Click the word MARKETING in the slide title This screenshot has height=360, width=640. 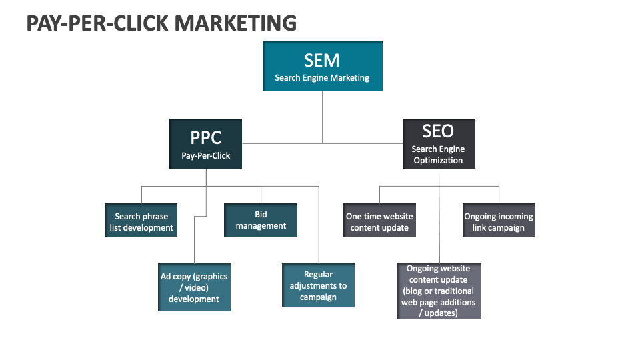click(236, 23)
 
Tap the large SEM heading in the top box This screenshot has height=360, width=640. click(322, 60)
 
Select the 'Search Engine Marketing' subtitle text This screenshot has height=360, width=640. click(322, 78)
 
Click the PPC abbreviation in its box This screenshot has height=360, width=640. click(205, 137)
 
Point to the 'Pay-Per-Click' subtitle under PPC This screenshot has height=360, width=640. click(205, 155)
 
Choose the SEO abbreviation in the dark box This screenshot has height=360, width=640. click(438, 131)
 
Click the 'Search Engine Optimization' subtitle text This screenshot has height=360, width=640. click(438, 155)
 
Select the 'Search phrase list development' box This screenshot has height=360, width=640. click(141, 221)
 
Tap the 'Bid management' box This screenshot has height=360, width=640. click(260, 220)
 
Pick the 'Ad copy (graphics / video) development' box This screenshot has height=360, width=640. click(194, 287)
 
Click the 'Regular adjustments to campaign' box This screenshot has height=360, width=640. click(318, 285)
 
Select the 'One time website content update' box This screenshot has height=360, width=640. click(379, 221)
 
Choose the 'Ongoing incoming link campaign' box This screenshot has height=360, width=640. click(499, 221)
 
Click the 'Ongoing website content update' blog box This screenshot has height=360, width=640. click(439, 291)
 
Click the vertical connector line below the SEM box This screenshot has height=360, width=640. click(323, 117)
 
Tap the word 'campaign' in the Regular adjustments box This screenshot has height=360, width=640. click(318, 297)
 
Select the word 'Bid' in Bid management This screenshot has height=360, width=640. click(261, 215)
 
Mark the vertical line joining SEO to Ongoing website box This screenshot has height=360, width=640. click(439, 220)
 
